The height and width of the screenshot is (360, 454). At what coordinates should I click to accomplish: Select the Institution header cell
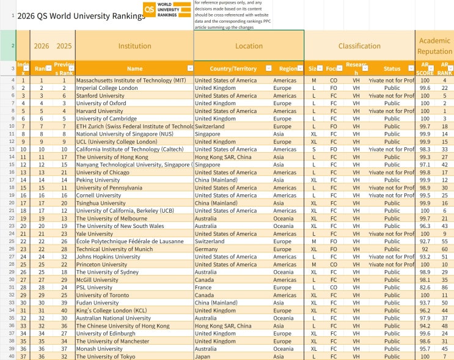[x=134, y=46]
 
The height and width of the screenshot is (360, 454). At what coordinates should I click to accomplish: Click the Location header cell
[x=249, y=46]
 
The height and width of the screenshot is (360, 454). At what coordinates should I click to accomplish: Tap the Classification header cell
[x=359, y=46]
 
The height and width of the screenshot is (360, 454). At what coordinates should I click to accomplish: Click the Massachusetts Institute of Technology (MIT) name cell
[x=131, y=80]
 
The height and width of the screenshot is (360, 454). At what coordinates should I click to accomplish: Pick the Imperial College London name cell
[x=107, y=88]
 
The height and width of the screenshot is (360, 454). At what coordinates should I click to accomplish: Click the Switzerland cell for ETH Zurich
[x=210, y=126]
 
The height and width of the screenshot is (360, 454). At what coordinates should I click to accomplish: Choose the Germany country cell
[x=207, y=249]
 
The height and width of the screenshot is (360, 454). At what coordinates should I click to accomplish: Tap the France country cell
[x=204, y=287]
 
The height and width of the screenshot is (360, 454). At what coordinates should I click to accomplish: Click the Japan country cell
[x=203, y=356]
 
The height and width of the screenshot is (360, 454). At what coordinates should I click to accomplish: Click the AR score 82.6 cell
[x=425, y=287]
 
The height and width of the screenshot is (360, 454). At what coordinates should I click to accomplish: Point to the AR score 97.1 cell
[x=425, y=164]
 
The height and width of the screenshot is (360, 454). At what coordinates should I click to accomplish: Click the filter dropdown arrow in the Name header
[x=189, y=68]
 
